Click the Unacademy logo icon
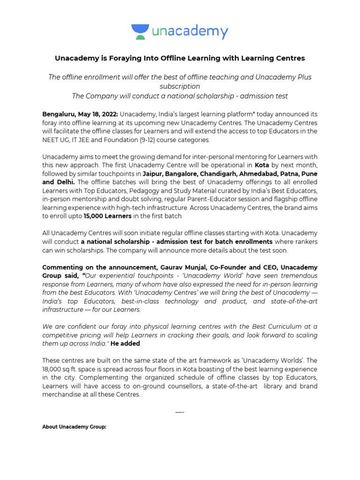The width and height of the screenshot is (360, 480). [140, 31]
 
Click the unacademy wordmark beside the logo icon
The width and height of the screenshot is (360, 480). [190, 31]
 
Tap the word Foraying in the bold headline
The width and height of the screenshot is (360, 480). [118, 58]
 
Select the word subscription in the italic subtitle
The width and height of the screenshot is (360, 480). [180, 86]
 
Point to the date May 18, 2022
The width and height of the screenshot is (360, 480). [99, 114]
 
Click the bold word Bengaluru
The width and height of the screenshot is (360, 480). [60, 114]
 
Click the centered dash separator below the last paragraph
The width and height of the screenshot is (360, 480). [180, 412]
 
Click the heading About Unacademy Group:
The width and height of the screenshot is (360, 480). [75, 427]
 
